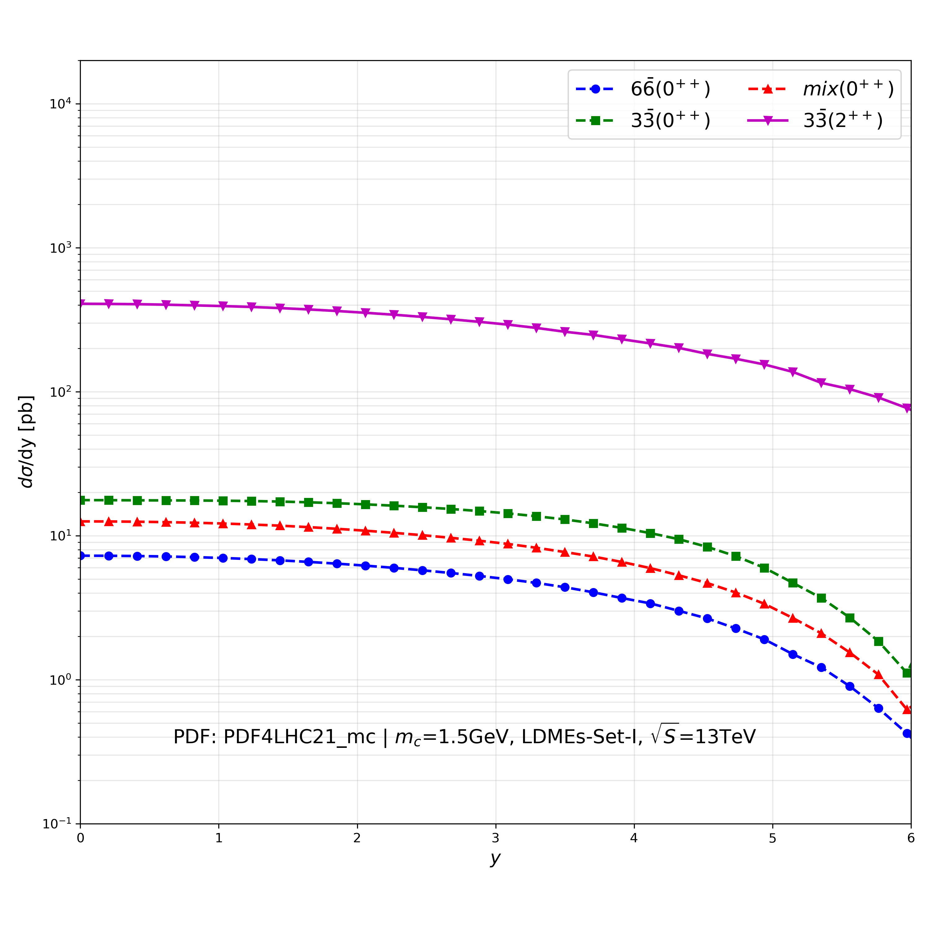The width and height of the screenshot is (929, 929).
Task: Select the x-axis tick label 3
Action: (496, 838)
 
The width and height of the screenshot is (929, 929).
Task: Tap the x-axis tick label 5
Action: (773, 838)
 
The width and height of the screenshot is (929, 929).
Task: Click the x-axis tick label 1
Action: (219, 838)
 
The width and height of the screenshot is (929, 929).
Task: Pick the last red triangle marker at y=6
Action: (907, 710)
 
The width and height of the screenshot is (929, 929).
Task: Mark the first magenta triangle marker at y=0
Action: (81, 303)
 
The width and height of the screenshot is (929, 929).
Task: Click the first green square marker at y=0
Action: (81, 500)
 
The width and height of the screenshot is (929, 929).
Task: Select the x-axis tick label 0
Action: (80, 838)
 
